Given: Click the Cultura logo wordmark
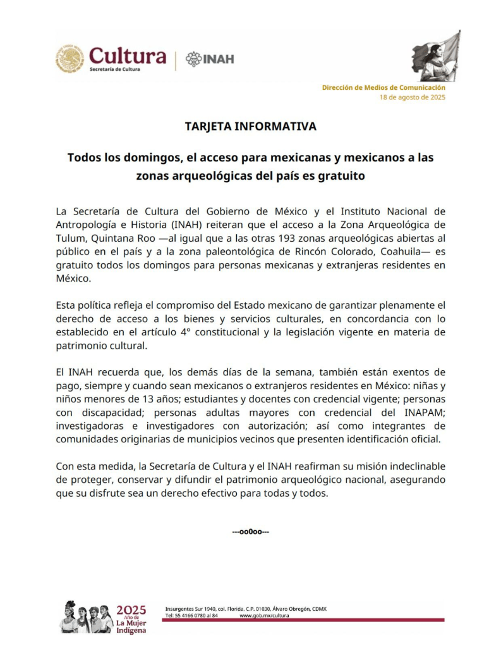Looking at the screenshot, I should (x=127, y=57).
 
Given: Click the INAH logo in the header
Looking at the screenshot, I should (x=210, y=59).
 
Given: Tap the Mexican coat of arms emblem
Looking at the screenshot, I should (x=69, y=59).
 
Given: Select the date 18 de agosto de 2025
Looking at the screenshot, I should (x=412, y=97).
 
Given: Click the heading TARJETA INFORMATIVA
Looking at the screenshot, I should (x=250, y=127).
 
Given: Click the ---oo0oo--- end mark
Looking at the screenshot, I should (x=251, y=531).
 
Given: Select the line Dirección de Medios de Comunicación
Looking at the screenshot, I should (x=383, y=87).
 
